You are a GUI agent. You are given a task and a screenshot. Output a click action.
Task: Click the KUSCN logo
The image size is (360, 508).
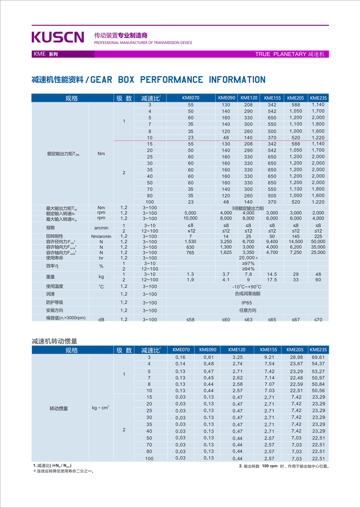point(58,37)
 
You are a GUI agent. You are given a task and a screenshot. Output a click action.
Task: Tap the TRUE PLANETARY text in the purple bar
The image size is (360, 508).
point(280,54)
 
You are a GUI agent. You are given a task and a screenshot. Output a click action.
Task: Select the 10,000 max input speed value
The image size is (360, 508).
point(191,218)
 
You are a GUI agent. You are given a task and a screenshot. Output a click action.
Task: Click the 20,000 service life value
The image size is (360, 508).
point(248,258)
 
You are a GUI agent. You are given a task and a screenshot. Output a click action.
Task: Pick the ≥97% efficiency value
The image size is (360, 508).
point(248,263)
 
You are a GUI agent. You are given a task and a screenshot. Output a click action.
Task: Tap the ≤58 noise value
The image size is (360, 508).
point(191,319)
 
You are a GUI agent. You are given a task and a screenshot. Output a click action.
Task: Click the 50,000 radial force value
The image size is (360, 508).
point(318,242)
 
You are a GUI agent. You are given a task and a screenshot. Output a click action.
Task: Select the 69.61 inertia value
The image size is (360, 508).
point(318,357)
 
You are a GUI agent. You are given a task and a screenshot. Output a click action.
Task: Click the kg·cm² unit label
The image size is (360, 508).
point(101,408)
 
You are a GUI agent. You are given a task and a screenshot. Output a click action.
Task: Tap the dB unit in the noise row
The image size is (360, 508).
point(101,319)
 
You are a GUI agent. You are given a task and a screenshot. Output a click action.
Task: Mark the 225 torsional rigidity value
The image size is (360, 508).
point(318,236)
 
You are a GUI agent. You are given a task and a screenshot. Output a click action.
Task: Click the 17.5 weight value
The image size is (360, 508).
point(272,279)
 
